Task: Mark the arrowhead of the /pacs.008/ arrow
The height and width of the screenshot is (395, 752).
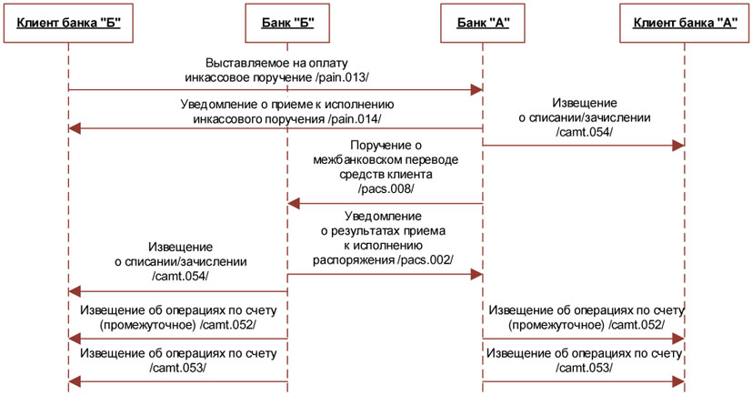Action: tap(294, 204)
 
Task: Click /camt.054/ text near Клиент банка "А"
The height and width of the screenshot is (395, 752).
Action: tap(583, 132)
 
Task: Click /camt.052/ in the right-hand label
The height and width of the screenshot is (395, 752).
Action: tap(635, 325)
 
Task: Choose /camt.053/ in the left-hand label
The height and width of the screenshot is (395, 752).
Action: tap(176, 367)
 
